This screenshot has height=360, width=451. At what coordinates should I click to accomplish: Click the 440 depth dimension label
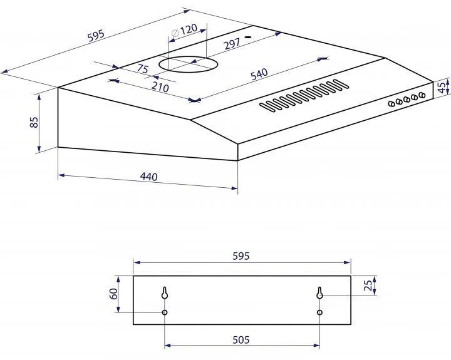(148, 177)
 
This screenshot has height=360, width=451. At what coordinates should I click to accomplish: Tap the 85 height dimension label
(34, 122)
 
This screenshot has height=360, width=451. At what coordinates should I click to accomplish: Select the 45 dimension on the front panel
(442, 86)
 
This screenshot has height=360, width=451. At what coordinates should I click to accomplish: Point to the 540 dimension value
(259, 74)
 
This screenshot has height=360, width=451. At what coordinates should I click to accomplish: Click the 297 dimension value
(232, 44)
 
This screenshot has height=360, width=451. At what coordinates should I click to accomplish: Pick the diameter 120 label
(184, 30)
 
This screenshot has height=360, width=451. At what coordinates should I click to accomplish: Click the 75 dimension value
(142, 68)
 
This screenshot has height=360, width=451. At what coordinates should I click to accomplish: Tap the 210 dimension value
(160, 86)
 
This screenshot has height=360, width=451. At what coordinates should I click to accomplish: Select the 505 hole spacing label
(241, 340)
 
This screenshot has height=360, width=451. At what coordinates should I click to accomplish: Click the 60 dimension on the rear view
(114, 294)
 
